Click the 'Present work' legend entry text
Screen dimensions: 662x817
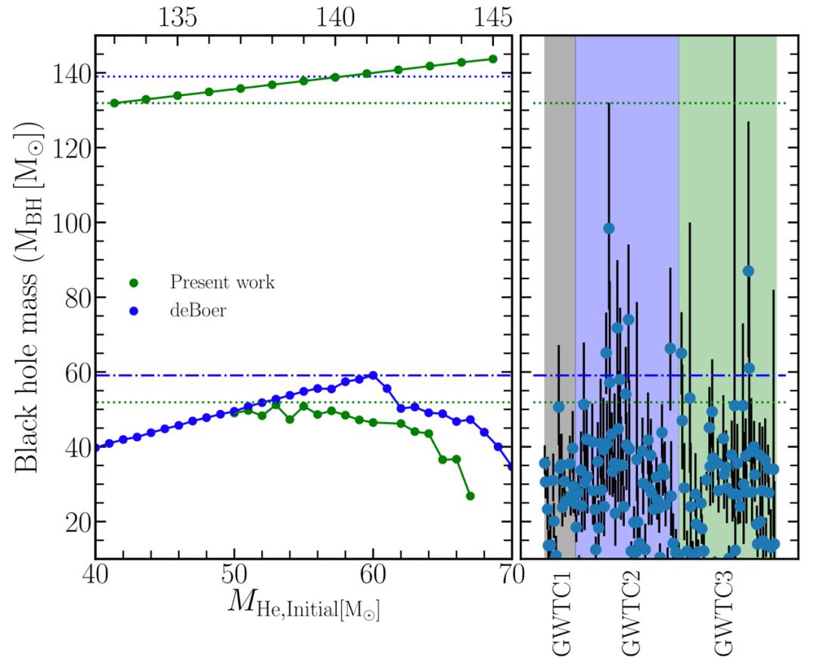[222, 283]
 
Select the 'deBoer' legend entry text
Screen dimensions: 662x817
[198, 309]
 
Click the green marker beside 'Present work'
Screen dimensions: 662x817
[133, 284]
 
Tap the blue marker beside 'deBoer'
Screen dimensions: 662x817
[133, 309]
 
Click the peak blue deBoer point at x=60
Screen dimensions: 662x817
[373, 375]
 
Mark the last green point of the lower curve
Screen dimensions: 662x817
[470, 496]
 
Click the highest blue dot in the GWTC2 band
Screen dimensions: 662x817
[608, 228]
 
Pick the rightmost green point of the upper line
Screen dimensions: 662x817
[492, 59]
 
